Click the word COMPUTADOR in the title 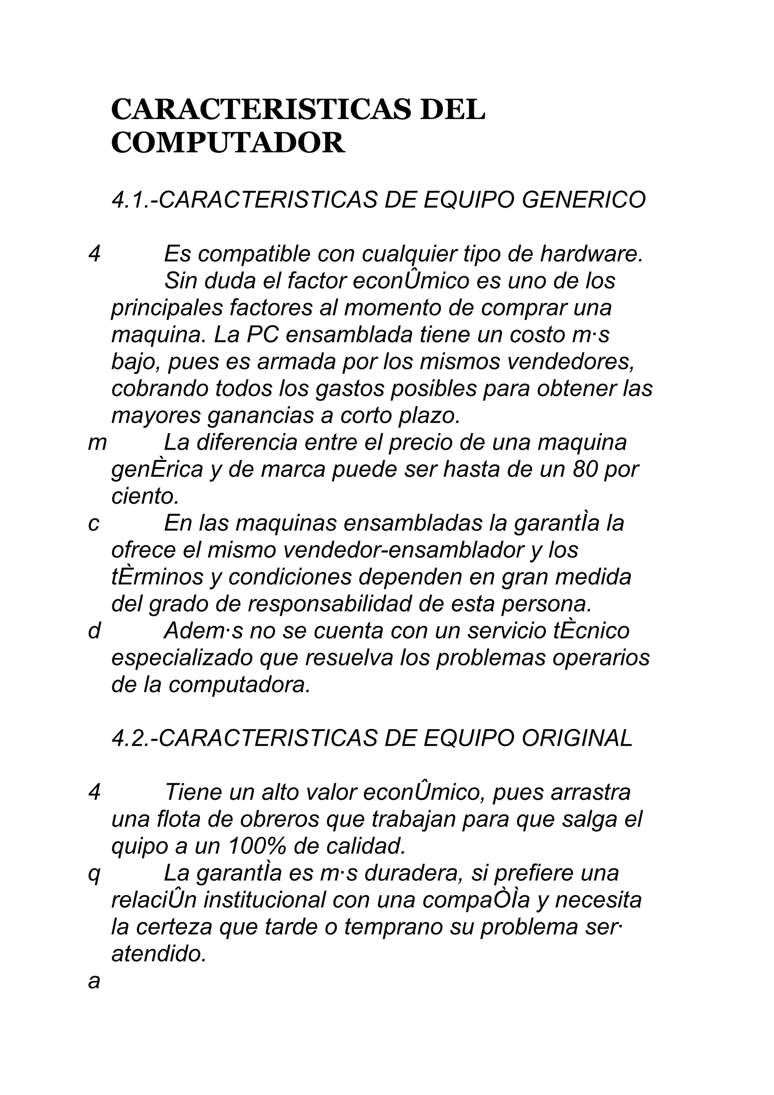[228, 142]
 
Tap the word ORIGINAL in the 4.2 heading [577, 738]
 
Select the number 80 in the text [581, 470]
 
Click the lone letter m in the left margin [97, 444]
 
